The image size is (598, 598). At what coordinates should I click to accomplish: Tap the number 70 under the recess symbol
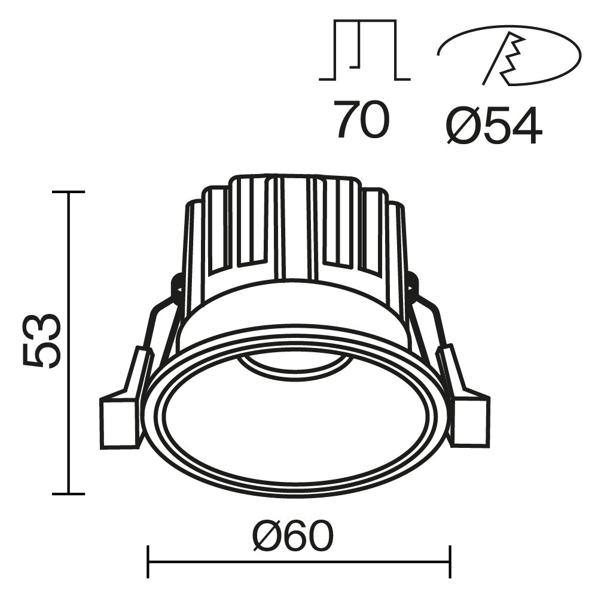[362, 120]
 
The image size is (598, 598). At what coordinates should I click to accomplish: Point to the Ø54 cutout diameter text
[494, 126]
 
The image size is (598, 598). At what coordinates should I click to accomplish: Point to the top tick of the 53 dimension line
[68, 192]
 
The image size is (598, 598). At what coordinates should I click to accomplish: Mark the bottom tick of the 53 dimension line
[68, 494]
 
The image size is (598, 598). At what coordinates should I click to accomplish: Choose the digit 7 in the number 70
[347, 120]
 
